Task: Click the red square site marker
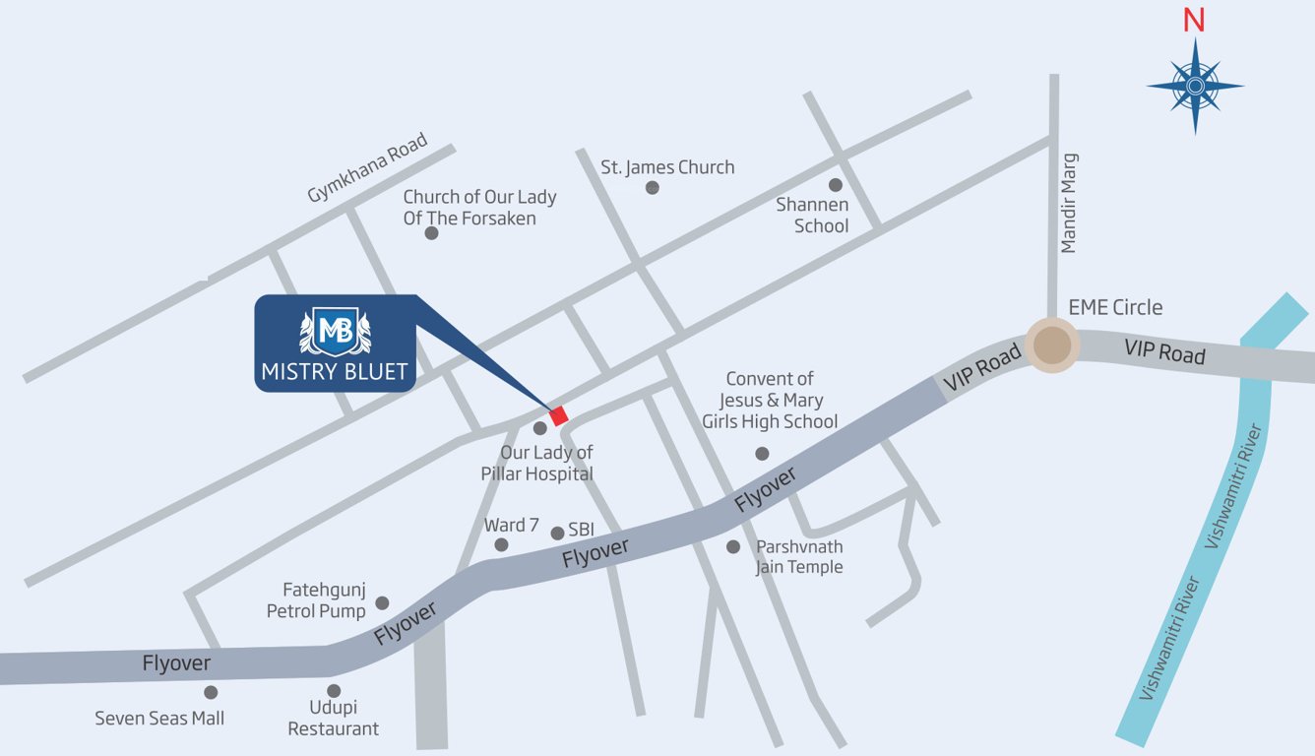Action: pos(559,415)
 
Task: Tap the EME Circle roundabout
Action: pos(1052,346)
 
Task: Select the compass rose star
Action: pos(1195,87)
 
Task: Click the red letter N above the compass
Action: pos(1194,21)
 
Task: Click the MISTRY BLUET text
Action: pos(335,373)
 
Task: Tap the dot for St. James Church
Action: pos(652,187)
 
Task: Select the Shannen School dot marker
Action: pos(835,185)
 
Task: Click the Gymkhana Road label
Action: pos(367,168)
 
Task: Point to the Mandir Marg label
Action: pos(1069,203)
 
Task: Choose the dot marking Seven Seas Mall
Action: pos(211,692)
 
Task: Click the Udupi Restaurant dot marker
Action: pos(334,691)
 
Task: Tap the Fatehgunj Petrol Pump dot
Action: pos(382,602)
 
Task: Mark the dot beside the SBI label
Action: pos(557,533)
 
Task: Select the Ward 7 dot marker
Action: pos(501,544)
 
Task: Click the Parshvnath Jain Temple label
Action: pos(799,556)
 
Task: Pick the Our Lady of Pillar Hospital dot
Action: pos(539,428)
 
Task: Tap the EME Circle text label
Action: pos(1115,307)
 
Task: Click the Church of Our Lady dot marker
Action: pos(431,233)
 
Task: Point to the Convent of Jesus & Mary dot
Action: pos(762,454)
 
